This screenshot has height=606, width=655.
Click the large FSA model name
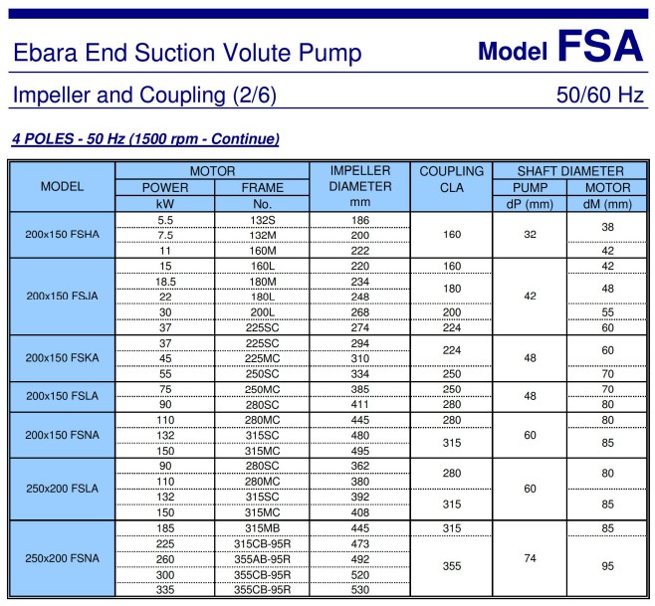click(x=600, y=46)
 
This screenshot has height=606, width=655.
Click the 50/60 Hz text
click(x=600, y=95)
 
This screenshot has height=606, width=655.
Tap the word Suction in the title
click(x=174, y=53)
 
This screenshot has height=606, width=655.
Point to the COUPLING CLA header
click(x=452, y=179)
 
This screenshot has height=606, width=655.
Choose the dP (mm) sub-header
click(x=530, y=204)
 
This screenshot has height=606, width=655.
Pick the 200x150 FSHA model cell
click(x=63, y=234)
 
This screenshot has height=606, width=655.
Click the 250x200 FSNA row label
click(x=63, y=558)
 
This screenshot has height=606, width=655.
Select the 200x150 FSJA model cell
click(x=63, y=297)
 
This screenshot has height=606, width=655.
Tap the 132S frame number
click(x=263, y=220)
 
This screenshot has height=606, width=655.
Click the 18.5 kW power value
click(x=165, y=282)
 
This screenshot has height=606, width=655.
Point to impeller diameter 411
click(x=360, y=404)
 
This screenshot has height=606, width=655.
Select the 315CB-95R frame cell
click(x=263, y=543)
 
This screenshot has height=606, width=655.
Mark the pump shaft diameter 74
click(x=530, y=558)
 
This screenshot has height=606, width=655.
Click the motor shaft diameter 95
click(x=607, y=566)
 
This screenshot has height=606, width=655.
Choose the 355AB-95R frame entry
click(x=263, y=559)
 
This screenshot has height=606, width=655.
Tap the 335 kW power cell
click(x=165, y=590)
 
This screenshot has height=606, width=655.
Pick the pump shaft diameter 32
click(x=530, y=234)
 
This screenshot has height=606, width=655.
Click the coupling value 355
click(x=452, y=566)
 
